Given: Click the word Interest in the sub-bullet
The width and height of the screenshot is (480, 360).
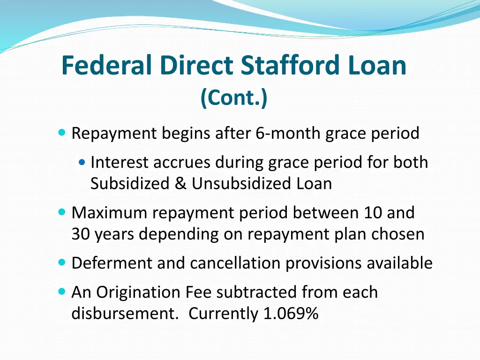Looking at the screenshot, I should (x=121, y=162).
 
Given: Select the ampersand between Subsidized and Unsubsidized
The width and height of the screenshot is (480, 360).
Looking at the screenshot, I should (x=180, y=183).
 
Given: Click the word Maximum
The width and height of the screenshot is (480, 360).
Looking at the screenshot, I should (x=110, y=213).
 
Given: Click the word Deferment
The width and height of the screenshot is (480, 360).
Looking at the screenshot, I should (x=112, y=263).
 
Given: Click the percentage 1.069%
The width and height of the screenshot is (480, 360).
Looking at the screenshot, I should (x=291, y=314).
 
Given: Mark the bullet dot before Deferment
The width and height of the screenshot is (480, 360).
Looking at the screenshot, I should (x=63, y=263).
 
